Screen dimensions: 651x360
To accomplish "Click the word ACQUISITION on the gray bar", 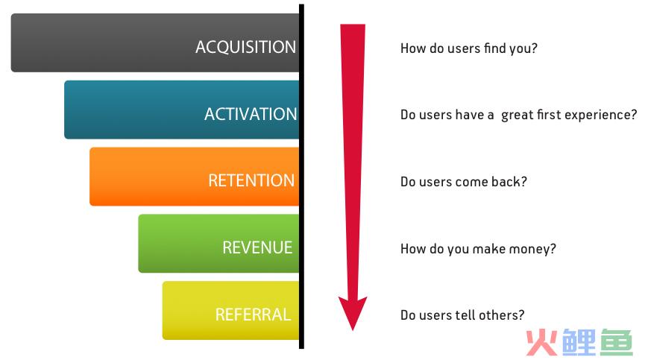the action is [245, 47].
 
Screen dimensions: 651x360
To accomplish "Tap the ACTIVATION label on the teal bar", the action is [251, 114].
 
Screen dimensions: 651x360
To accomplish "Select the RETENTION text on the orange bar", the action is [251, 181].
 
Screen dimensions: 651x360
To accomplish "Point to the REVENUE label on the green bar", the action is [257, 247].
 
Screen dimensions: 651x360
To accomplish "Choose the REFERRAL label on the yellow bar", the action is [253, 315].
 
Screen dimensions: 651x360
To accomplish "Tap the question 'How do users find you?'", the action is [469, 48].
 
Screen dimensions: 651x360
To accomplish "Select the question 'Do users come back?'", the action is [463, 182].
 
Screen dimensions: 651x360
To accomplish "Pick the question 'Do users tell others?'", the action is [462, 315].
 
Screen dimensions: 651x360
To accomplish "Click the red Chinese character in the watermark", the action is [542, 342].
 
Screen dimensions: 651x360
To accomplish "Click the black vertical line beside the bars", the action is [301, 176].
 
